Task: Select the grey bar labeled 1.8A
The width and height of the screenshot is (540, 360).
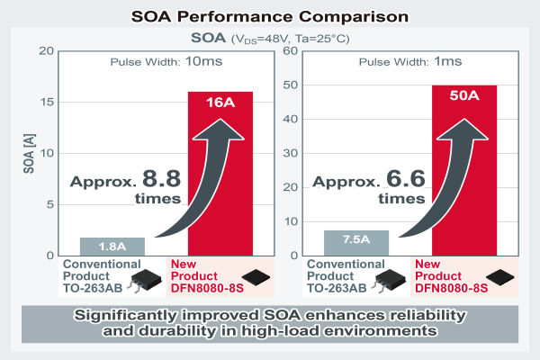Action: pos(112,246)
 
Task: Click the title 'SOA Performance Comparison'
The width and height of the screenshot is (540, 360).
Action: pos(269,15)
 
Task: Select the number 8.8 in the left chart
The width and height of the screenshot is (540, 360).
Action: pos(157,176)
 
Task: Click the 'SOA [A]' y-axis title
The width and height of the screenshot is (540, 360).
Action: pos(28,153)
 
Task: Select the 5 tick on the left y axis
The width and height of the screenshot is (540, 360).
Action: pos(49,204)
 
